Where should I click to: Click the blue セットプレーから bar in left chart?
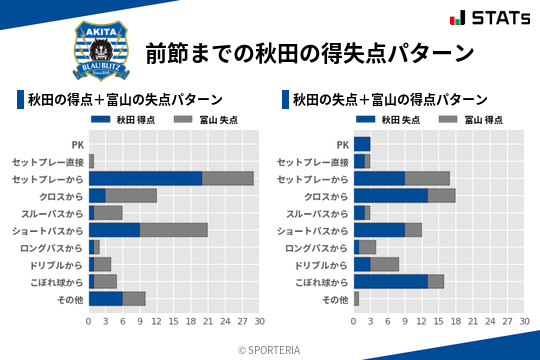coord(145,178)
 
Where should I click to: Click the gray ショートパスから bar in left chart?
coord(174,230)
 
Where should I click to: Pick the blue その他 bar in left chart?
coord(105,298)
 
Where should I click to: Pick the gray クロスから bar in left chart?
coord(131,195)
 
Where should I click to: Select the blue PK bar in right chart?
coord(362,144)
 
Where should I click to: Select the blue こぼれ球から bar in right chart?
coord(391,281)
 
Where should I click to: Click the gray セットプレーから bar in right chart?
coord(427,178)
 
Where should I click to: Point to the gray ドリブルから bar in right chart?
coord(385,264)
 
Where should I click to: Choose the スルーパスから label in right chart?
coord(314,213)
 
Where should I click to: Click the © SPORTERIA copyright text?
coord(270,349)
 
